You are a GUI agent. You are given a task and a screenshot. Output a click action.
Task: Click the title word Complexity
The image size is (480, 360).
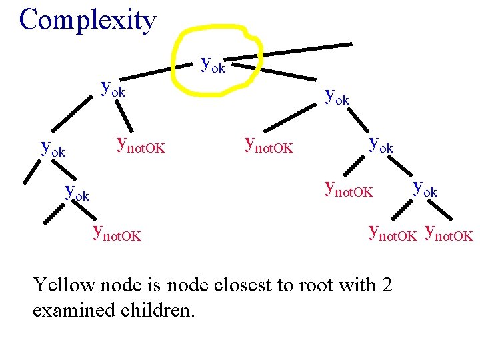click(87, 20)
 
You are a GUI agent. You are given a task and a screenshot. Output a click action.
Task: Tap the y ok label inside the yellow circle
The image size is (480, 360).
click(213, 65)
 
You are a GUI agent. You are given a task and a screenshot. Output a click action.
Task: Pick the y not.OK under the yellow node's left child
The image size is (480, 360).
click(141, 145)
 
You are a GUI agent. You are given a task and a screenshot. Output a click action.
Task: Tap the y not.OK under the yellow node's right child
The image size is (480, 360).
click(269, 145)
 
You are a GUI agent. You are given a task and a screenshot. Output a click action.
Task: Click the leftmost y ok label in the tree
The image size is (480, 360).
click(53, 148)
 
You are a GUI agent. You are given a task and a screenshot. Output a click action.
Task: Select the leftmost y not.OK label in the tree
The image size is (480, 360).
click(117, 233)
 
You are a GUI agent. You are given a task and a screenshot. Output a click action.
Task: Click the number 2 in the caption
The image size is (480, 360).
click(387, 285)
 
